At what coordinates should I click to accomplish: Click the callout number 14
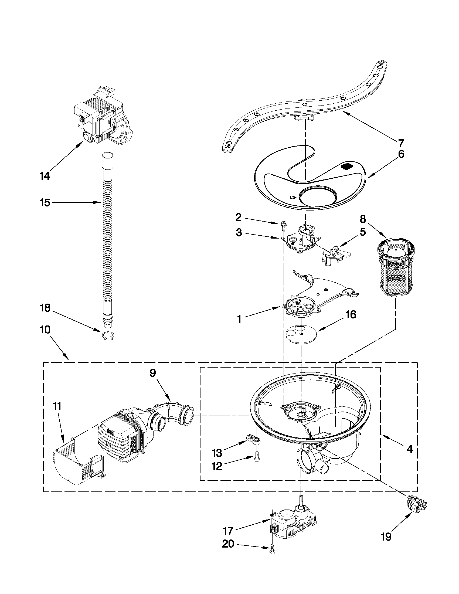(45, 176)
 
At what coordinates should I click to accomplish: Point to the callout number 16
(351, 314)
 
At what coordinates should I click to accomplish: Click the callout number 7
(401, 142)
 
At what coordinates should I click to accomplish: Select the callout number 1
(239, 319)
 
